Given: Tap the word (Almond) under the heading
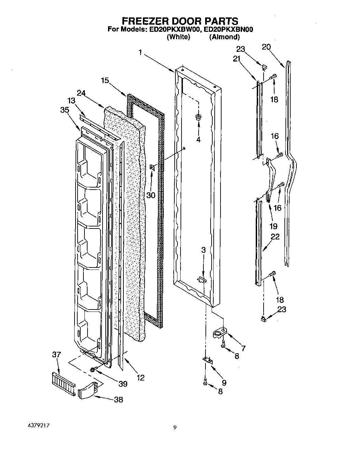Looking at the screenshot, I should point(224,37).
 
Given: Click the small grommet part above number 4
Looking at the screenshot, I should point(198,118).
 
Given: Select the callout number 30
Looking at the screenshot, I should point(150,195).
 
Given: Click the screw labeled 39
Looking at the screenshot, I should point(93,370).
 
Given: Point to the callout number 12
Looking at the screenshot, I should point(140,377).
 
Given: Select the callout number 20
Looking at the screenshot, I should point(266,47).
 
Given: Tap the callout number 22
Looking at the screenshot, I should point(275,237).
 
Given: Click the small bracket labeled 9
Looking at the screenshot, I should point(207,360).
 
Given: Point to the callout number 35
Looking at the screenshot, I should point(64,110).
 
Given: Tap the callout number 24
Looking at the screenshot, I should point(81,93).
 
